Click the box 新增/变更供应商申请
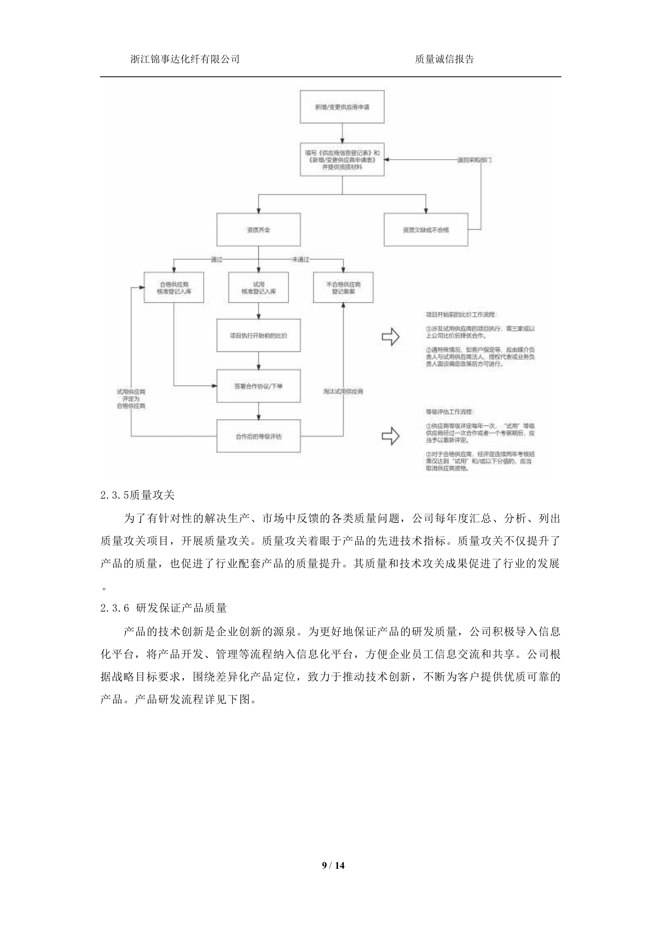click(342, 107)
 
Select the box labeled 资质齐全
click(258, 230)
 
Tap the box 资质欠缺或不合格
click(425, 230)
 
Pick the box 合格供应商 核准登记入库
click(174, 287)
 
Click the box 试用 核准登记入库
click(258, 287)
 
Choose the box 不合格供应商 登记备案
click(343, 287)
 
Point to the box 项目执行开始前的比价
click(258, 335)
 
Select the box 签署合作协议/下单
click(258, 386)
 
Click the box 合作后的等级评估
click(258, 436)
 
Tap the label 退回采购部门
click(474, 160)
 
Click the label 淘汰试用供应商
click(343, 391)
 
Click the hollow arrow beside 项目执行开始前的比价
click(390, 336)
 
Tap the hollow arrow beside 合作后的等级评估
click(390, 436)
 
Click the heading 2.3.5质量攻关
click(137, 495)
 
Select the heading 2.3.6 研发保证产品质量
click(163, 608)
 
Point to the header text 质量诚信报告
click(444, 60)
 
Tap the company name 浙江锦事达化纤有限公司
click(185, 60)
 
